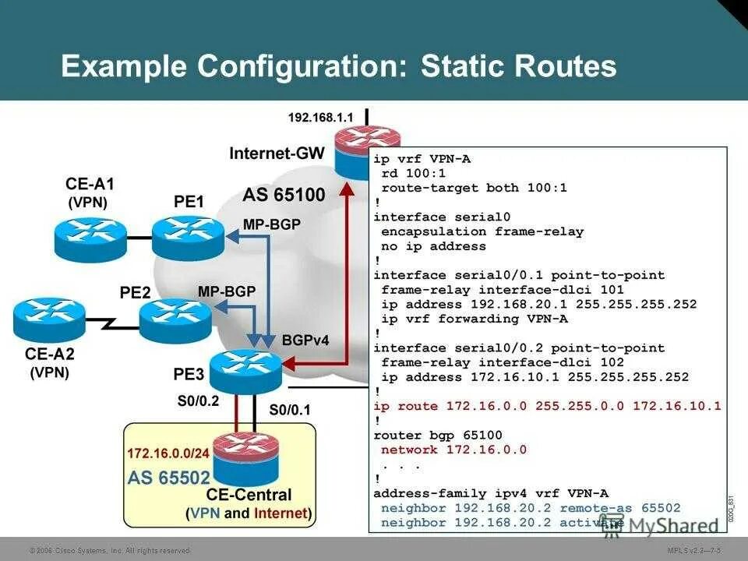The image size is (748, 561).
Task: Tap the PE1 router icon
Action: pos(188,236)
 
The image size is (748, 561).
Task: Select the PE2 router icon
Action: pos(175,320)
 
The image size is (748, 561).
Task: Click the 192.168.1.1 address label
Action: pos(320,117)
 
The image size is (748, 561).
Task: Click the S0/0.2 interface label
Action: pos(199,403)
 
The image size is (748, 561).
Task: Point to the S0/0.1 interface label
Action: pos(290,409)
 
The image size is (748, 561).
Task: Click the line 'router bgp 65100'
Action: pos(438,435)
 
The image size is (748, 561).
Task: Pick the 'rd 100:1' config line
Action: pos(412,173)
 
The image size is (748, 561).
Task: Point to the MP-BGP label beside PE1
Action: pos(271,224)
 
